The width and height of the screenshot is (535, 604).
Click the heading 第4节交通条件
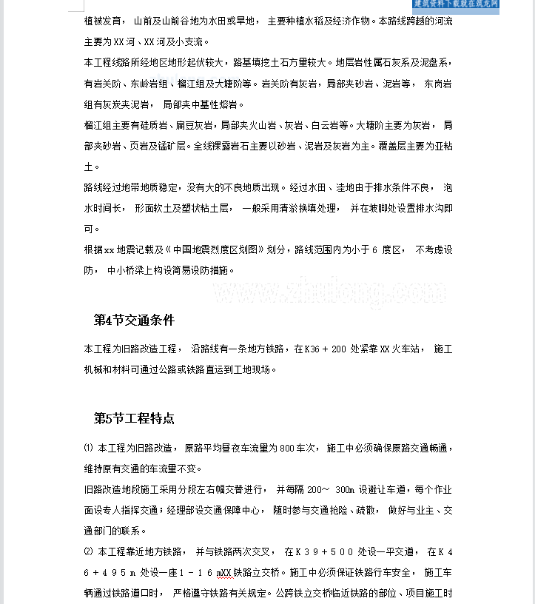tap(134, 321)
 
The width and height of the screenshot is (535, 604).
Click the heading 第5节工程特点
tap(134, 419)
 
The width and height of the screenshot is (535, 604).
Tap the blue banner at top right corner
tap(456, 4)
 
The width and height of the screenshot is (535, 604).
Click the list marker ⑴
tap(89, 448)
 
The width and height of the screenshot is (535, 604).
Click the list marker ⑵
tap(89, 551)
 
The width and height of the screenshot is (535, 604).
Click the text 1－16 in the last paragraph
tap(188, 573)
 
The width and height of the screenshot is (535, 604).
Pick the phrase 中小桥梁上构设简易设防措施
tap(170, 270)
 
